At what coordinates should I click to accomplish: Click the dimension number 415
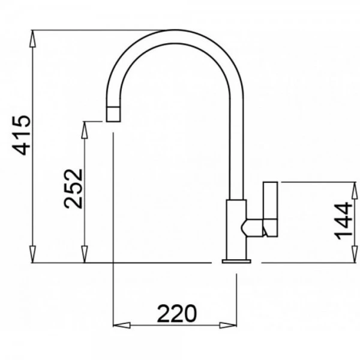(x=21, y=135)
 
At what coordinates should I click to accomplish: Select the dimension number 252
(x=73, y=189)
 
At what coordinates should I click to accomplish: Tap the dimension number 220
(x=177, y=313)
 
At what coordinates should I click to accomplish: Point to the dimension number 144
(x=343, y=221)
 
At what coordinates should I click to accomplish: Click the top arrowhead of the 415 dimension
(x=33, y=38)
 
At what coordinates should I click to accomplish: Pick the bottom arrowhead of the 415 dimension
(x=33, y=254)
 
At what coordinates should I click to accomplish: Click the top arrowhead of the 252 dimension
(x=85, y=130)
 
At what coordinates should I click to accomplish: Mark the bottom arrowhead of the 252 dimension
(x=85, y=254)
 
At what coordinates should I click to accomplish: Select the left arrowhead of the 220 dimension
(x=122, y=325)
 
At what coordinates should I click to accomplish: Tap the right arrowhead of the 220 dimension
(x=228, y=325)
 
